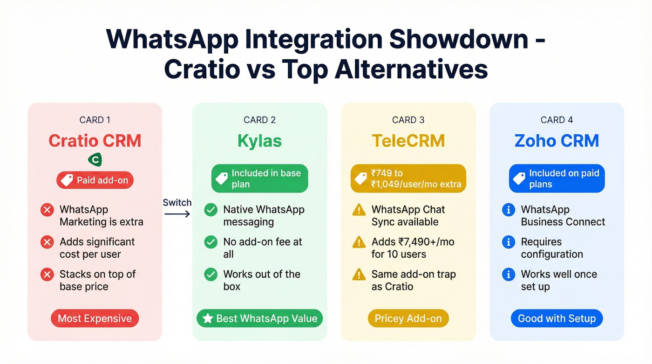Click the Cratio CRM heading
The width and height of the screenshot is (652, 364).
point(95,141)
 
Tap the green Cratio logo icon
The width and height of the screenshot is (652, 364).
point(95,160)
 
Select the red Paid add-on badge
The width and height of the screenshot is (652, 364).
point(95,180)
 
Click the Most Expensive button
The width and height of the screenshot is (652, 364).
point(95,319)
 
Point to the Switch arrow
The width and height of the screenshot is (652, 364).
point(177,214)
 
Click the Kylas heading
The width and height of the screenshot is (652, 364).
point(259,141)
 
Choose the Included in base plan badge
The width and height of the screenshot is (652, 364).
point(259,179)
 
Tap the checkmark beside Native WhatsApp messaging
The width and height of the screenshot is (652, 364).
point(211,210)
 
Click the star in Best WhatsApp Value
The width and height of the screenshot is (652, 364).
point(208,319)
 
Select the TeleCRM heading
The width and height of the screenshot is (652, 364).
point(408,141)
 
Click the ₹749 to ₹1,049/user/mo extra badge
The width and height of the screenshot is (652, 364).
point(408,179)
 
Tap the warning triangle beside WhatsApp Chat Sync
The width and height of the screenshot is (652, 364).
point(359,210)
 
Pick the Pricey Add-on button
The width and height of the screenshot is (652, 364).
point(408,319)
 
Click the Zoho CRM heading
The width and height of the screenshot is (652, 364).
point(557,141)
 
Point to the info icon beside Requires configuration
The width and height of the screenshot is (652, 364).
point(508,242)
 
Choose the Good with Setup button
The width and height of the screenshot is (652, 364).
point(557,319)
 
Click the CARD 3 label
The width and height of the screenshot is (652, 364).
point(408,120)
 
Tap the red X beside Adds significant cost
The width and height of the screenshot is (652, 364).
point(47,242)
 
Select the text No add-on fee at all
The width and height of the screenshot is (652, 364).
point(263,248)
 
